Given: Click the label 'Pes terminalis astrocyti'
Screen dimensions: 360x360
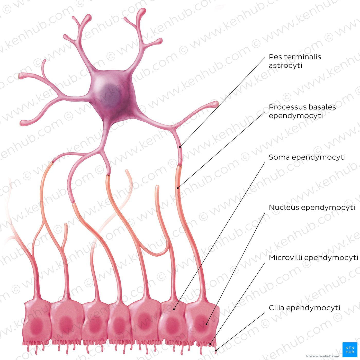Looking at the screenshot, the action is pos(295,61).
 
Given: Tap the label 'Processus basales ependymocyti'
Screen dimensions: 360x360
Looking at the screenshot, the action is pos(302,111).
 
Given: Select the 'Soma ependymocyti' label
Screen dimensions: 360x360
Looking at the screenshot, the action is pos(307,157).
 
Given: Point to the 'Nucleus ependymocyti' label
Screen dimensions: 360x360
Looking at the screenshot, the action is pos(312,207).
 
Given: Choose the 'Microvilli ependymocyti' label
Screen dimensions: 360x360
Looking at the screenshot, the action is pos(313,258).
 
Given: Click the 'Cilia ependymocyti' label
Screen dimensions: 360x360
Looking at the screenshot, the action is pos(304,308).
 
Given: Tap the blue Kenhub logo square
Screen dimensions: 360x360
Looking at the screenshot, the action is pos(350,350).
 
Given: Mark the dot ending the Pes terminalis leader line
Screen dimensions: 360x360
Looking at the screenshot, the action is pos(180,147).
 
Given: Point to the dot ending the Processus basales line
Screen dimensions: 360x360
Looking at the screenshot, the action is pos(178,188).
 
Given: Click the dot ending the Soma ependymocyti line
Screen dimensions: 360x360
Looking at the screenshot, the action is pos(174,309).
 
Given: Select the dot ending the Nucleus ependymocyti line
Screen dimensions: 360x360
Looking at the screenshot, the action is pos(206,324).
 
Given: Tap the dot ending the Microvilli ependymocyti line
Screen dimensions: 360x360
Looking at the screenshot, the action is pos(210,344).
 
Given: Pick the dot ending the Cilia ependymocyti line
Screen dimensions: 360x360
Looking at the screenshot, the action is pos(216,350).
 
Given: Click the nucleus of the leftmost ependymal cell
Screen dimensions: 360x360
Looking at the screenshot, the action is pos(37,326).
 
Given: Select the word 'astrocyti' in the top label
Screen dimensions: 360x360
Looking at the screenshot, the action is pos(285,66).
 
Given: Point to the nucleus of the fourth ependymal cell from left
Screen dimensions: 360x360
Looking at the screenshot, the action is pos(119,325).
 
